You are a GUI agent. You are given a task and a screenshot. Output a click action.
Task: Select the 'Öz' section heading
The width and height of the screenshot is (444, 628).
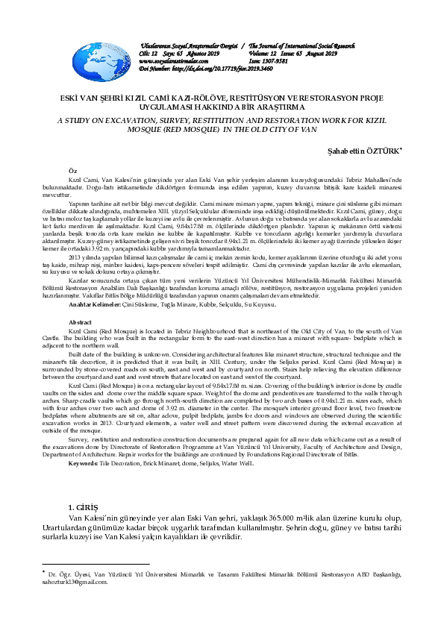[x=72, y=171]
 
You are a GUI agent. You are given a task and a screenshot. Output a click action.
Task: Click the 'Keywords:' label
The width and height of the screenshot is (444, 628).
[x=89, y=464]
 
